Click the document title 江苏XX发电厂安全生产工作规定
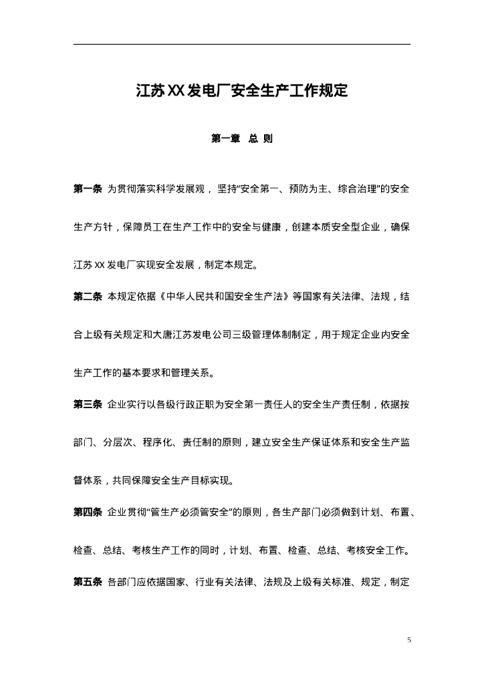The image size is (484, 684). click(x=241, y=91)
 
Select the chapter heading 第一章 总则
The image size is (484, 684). click(x=241, y=140)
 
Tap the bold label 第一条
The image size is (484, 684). click(x=87, y=189)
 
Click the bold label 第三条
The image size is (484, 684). click(x=87, y=405)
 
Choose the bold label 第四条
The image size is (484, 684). click(x=87, y=513)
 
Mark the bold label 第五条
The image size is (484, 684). click(x=87, y=582)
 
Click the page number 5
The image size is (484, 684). click(x=409, y=640)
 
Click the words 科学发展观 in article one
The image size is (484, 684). click(x=180, y=189)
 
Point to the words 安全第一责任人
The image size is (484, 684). click(x=242, y=405)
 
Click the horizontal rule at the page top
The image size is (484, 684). click(x=241, y=45)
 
